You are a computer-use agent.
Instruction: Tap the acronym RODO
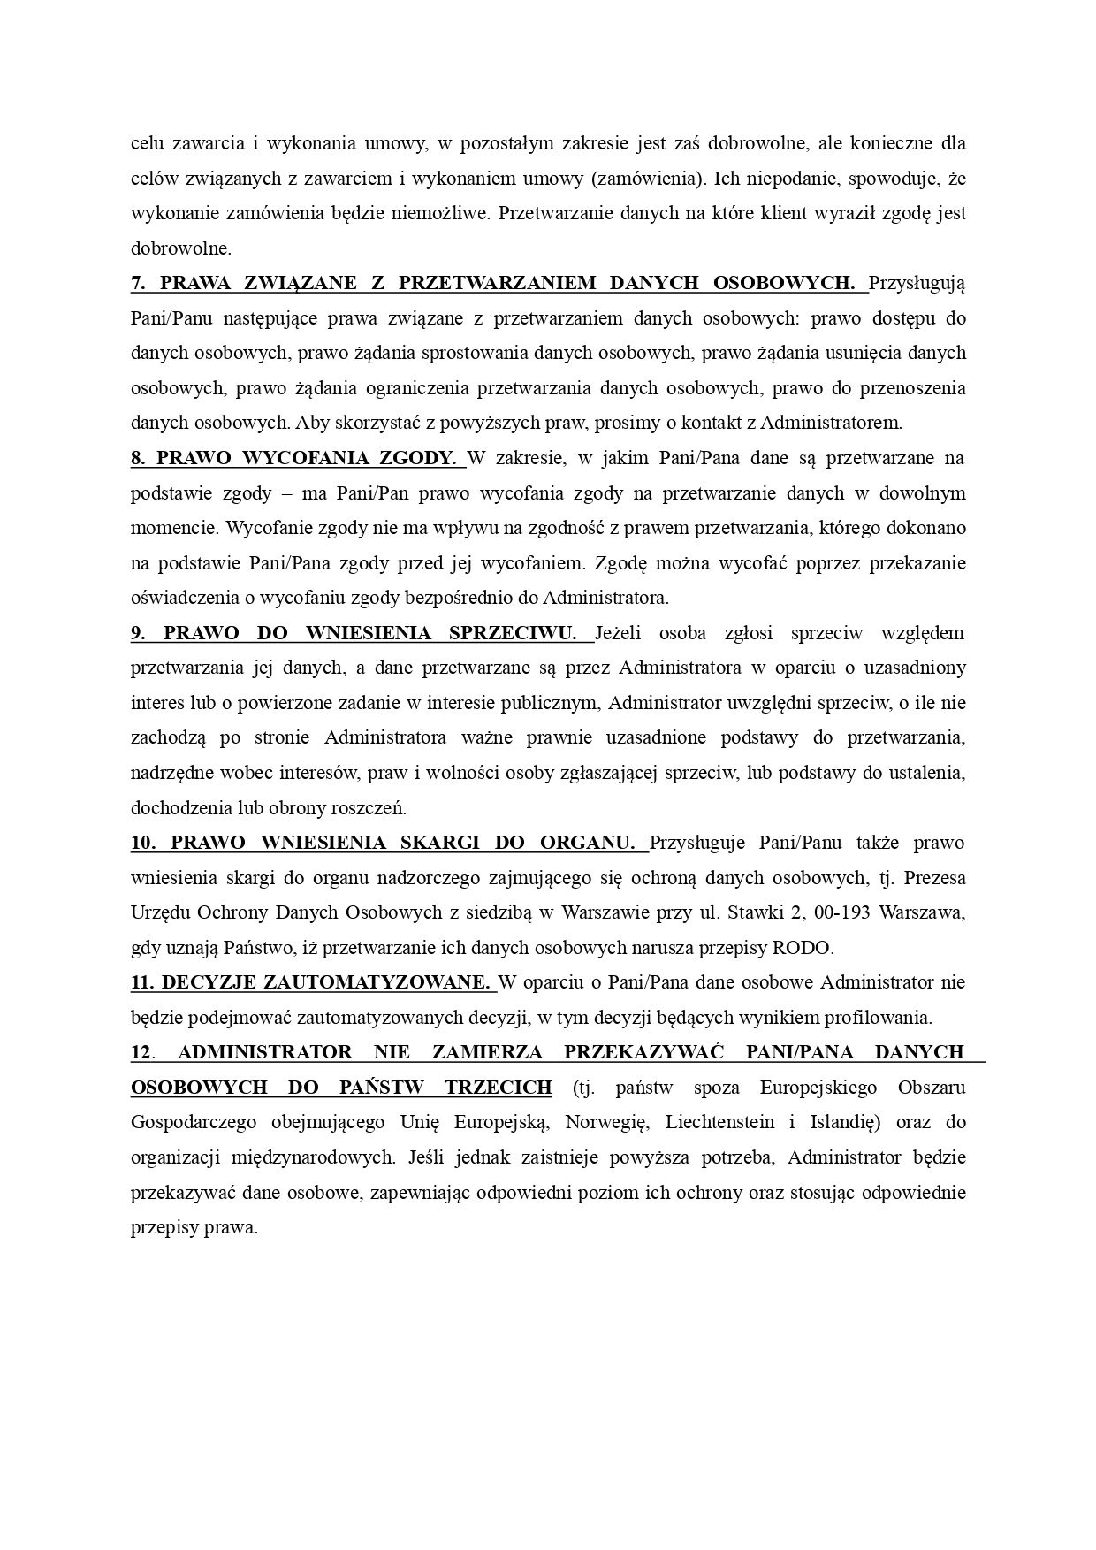(803, 948)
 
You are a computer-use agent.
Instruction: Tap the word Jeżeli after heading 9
(621, 633)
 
